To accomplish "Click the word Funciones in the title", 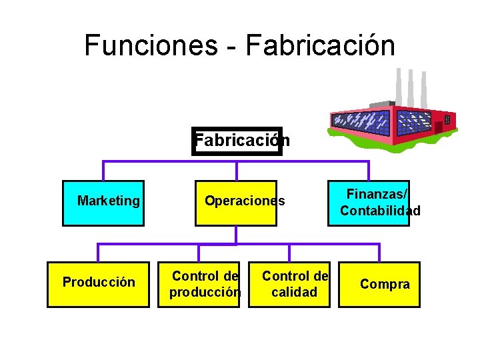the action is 151,45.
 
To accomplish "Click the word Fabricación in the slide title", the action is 320,45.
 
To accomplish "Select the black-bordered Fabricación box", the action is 237,141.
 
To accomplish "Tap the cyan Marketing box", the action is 103,203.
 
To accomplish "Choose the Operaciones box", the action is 236,203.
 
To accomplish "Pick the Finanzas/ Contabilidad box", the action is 369,203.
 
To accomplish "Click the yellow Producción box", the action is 98,283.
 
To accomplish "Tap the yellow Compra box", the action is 379,283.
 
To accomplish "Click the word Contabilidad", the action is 380,211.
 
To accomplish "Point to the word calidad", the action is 295,292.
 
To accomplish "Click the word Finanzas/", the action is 377,194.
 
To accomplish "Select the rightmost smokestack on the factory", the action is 423,89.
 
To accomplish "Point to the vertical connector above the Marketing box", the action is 103,171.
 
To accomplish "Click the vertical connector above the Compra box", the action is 379,252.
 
